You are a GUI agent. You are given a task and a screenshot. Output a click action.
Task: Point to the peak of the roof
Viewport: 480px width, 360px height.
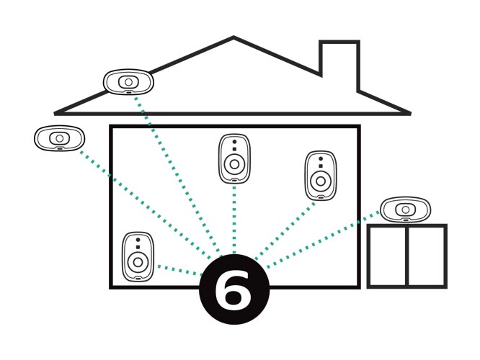[x=234, y=37]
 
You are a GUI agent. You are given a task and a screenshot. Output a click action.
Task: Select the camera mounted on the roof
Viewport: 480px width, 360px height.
[x=128, y=82]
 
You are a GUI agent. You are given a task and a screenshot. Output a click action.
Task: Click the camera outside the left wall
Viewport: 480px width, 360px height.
[x=59, y=138]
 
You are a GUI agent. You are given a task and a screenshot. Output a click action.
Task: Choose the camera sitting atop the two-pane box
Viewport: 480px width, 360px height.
[x=405, y=210]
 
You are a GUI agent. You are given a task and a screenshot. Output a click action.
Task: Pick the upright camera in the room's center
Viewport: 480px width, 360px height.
[x=234, y=158]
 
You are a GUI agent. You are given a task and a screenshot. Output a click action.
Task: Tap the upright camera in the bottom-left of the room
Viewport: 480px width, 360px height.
[x=138, y=256]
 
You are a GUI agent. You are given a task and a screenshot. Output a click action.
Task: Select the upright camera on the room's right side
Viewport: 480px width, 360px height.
[x=321, y=176]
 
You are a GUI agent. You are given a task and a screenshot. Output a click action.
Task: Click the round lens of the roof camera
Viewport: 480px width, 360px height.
[x=128, y=82]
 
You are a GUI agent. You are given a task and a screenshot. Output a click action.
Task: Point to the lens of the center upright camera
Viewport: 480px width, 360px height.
[x=234, y=165]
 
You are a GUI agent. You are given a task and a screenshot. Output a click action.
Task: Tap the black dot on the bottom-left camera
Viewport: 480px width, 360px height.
[x=138, y=240]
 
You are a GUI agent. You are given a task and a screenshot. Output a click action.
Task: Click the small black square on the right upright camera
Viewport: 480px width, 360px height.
[x=321, y=166]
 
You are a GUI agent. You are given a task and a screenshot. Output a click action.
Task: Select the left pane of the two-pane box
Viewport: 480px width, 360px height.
[x=388, y=256]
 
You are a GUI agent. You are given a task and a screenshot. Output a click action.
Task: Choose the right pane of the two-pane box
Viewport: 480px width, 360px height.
[x=427, y=256]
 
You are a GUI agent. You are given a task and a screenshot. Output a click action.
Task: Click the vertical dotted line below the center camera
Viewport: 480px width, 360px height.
[x=234, y=220]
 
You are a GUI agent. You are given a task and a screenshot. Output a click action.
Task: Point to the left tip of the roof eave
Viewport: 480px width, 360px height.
[x=55, y=114]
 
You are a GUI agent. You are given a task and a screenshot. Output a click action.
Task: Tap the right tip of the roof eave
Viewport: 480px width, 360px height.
[x=409, y=114]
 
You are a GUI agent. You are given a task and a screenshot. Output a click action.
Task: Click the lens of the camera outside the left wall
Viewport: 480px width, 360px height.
[x=59, y=138]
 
